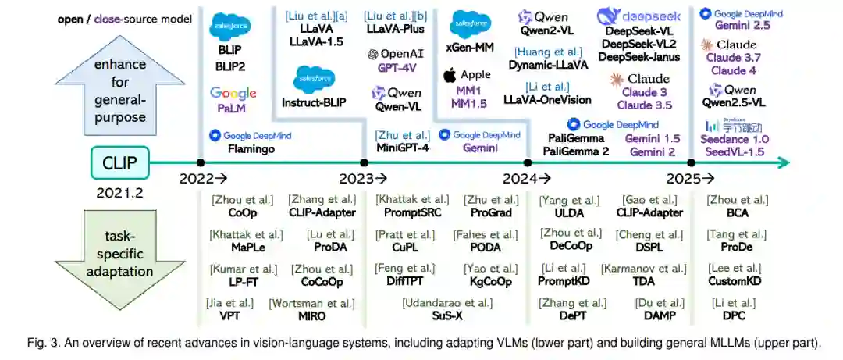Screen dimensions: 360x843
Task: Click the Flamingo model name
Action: click(251, 148)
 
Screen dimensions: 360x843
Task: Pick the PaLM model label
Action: click(233, 109)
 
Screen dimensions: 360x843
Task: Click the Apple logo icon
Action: click(449, 76)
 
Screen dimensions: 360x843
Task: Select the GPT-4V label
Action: click(394, 69)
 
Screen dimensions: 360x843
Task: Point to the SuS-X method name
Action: click(447, 316)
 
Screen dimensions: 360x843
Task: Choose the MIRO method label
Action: click(311, 316)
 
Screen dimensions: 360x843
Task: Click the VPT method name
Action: click(230, 316)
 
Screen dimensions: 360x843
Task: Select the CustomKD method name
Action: click(735, 282)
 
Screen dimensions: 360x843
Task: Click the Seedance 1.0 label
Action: click(737, 139)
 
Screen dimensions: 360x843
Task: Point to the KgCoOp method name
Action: click(490, 282)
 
